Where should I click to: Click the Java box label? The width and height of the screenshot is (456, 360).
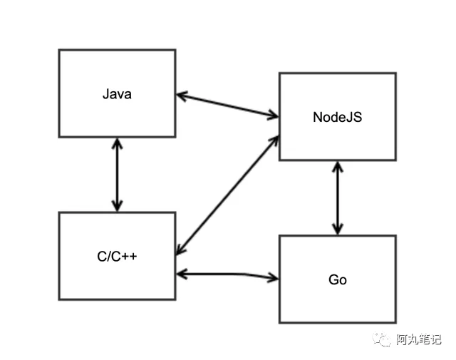117,93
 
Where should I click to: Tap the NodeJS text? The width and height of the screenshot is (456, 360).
337,117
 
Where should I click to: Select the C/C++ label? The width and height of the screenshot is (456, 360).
117,256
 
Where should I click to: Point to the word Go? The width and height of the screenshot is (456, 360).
337,279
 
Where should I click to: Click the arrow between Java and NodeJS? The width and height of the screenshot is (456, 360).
227,104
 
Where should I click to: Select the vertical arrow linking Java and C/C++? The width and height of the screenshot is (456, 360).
117,174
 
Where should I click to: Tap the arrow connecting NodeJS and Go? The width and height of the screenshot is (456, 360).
337,197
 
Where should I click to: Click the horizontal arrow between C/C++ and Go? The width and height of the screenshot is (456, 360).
227,274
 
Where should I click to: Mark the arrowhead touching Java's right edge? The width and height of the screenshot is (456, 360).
181,94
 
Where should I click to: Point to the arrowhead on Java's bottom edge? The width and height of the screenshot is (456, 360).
117,143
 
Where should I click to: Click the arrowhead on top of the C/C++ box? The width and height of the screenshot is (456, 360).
117,206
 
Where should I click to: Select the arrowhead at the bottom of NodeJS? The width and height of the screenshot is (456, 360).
337,166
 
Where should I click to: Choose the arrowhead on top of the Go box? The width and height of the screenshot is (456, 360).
337,229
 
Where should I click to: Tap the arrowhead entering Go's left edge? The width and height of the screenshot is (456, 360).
273,277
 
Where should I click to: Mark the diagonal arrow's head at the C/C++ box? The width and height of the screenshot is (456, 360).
180,250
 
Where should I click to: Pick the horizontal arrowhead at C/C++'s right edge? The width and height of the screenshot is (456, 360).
181,273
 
